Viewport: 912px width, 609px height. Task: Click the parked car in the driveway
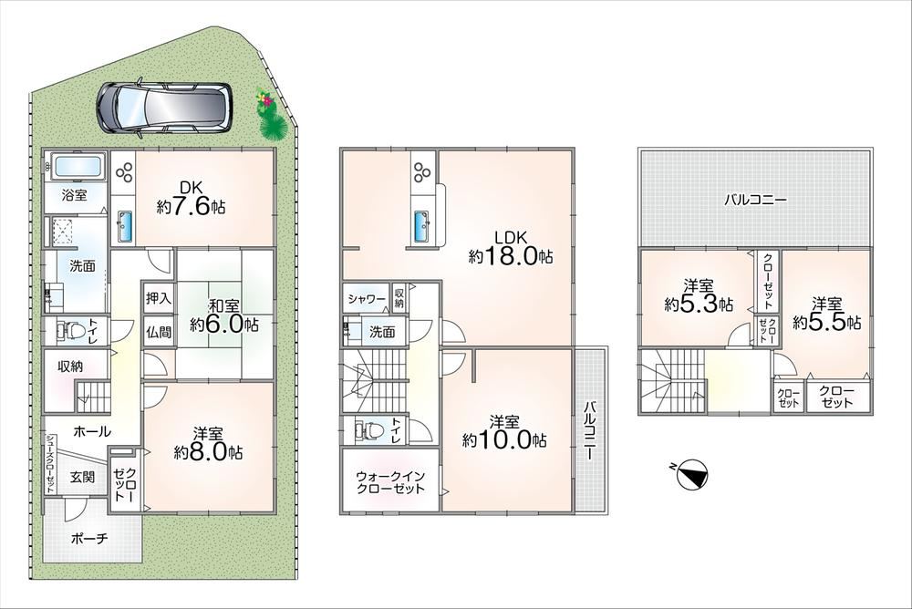[164, 108]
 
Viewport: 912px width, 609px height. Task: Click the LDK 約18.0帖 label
[511, 247]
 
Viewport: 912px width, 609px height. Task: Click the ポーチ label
[89, 539]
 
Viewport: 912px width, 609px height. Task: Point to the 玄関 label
[83, 478]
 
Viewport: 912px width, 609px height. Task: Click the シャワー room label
[367, 299]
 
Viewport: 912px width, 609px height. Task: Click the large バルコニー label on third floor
[755, 200]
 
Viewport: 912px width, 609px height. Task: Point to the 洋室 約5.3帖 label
[699, 295]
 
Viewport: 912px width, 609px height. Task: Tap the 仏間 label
[158, 332]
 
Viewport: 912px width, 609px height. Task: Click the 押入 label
[158, 298]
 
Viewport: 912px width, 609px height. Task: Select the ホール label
[92, 431]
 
